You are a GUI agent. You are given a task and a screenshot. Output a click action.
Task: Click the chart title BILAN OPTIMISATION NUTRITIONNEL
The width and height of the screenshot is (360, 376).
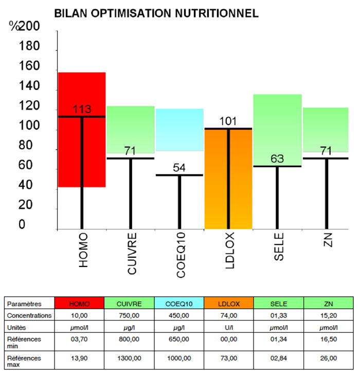coord(156,13)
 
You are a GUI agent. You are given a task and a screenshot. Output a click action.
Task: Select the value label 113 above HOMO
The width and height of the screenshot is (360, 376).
coord(82,110)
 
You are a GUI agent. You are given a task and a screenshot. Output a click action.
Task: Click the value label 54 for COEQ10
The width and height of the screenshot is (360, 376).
coord(179,168)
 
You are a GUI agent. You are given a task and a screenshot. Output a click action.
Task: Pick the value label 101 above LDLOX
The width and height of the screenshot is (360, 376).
coord(228,121)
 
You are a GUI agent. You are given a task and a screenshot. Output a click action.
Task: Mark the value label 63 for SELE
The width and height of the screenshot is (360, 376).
coord(278,158)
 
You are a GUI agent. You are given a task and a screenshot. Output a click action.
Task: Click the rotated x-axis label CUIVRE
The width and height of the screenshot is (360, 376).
coord(131,255)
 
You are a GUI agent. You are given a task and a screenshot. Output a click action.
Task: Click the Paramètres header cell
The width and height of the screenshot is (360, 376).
coord(24,303)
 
